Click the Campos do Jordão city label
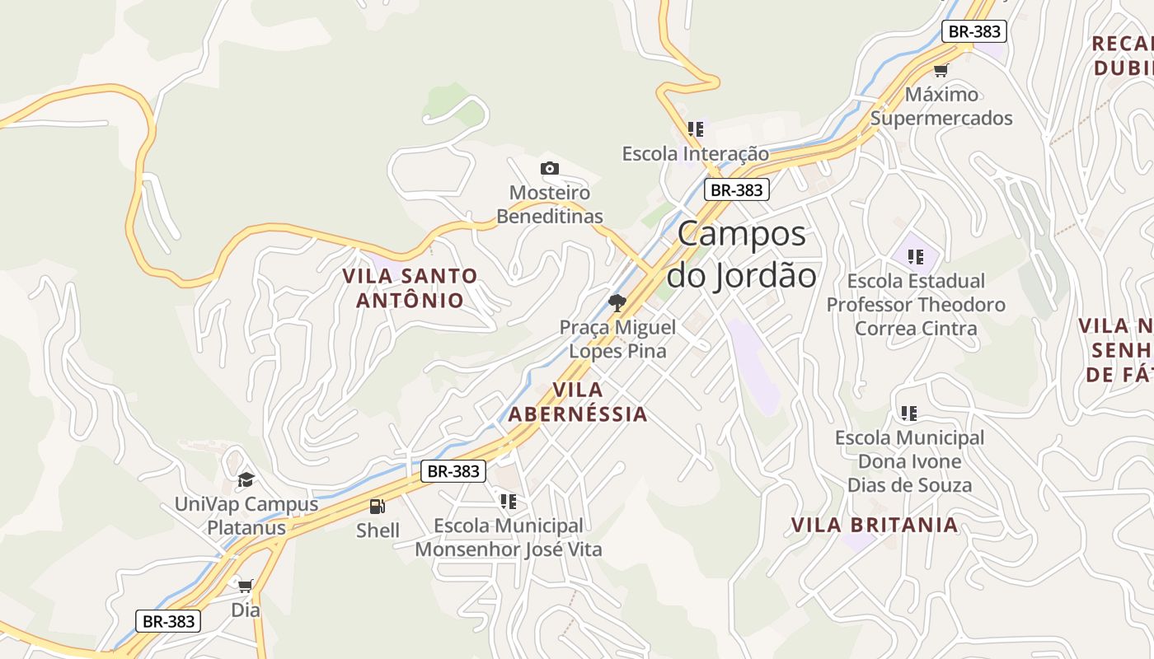[742, 255]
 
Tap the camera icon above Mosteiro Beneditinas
[550, 169]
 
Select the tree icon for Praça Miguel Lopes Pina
[617, 303]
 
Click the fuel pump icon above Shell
[378, 507]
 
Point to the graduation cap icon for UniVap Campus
[246, 479]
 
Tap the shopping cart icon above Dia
[245, 586]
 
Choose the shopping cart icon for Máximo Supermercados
[941, 70]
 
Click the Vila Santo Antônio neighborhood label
[410, 287]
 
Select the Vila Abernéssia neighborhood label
[577, 401]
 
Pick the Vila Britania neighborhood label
[875, 525]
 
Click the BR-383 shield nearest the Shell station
[453, 471]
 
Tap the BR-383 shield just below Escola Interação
[736, 189]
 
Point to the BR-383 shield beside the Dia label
[168, 621]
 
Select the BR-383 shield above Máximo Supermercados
[974, 31]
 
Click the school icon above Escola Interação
[696, 129]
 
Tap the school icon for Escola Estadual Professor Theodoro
[915, 256]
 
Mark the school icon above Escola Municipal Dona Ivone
[909, 413]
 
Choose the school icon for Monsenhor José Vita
[509, 501]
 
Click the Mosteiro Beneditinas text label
[550, 204]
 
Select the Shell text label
[378, 530]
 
